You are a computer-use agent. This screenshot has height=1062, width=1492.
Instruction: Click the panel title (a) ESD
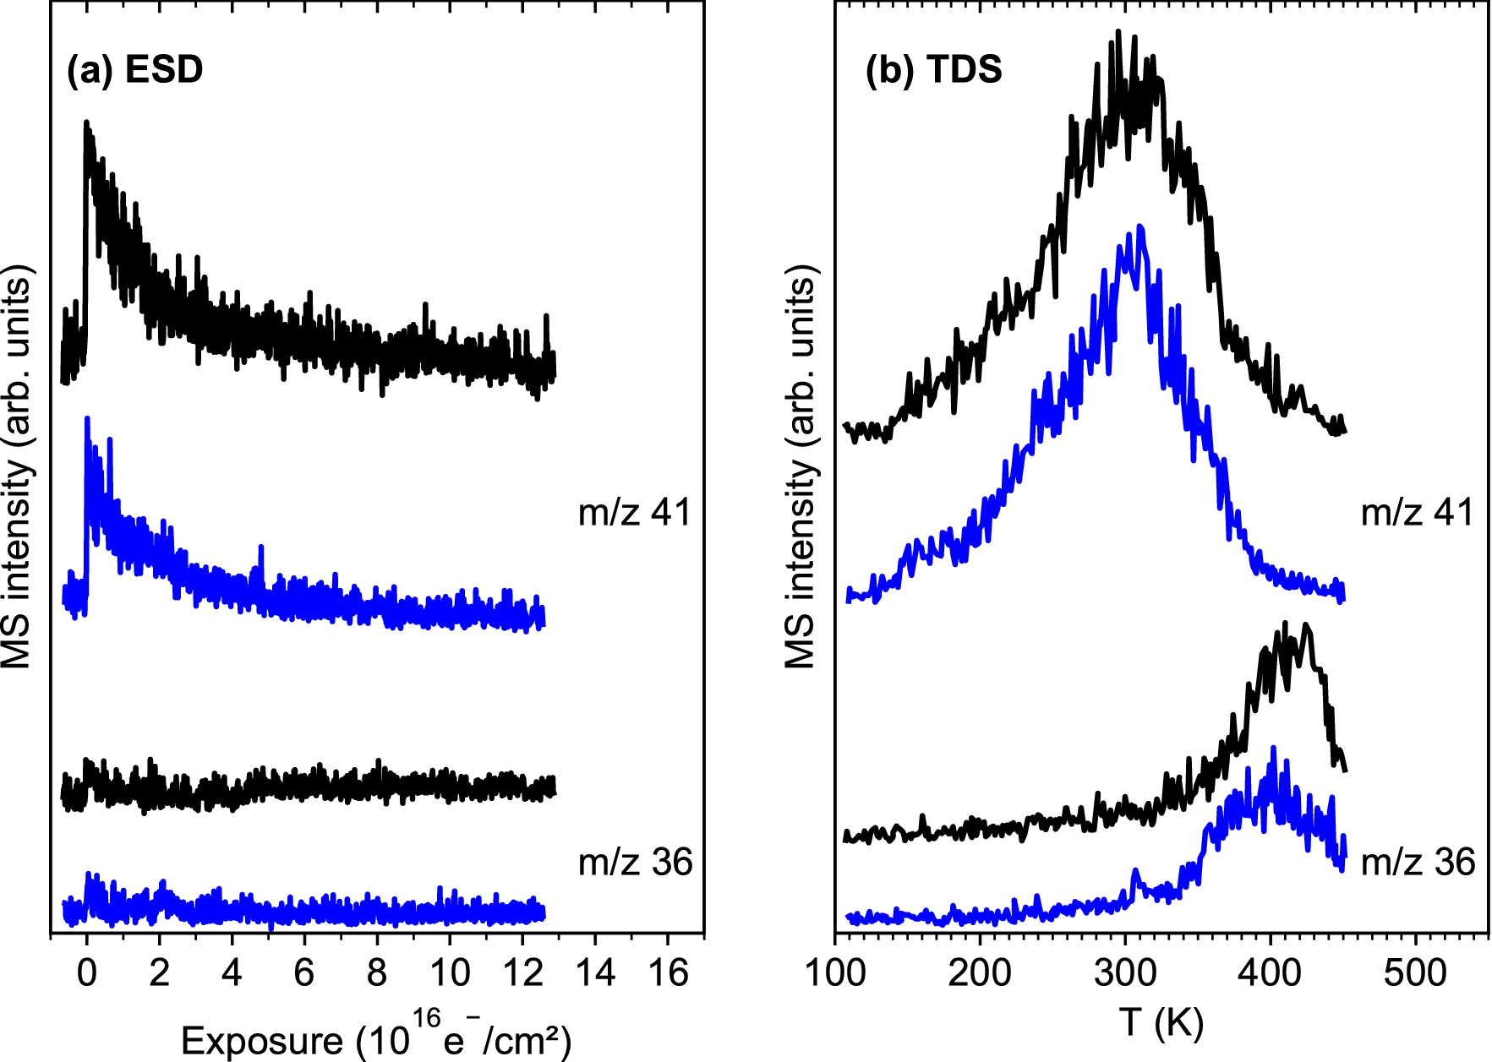(x=135, y=69)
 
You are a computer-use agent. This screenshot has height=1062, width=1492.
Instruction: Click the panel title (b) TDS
(x=933, y=69)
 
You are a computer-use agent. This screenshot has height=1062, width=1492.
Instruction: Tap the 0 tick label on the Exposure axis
(x=86, y=973)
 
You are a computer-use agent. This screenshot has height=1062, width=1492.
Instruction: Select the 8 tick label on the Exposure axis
(x=377, y=973)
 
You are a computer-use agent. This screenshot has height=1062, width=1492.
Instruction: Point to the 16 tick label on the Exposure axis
(x=668, y=973)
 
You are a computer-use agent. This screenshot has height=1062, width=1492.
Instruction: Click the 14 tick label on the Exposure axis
(x=595, y=973)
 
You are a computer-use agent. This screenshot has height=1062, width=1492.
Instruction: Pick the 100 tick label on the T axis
(x=835, y=973)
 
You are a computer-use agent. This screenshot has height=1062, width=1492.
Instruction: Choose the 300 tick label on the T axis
(x=1125, y=973)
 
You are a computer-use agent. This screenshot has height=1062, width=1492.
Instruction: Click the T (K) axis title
(x=1161, y=1024)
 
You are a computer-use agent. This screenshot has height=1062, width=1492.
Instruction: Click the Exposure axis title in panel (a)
(x=376, y=1037)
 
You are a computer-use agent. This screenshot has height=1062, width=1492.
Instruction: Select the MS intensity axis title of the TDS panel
(x=800, y=466)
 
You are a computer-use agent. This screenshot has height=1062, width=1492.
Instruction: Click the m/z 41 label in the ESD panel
(x=635, y=513)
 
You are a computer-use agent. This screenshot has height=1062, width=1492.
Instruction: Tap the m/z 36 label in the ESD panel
(x=635, y=863)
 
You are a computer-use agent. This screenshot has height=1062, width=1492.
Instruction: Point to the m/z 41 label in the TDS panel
(x=1418, y=513)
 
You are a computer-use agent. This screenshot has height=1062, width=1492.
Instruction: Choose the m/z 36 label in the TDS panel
(x=1418, y=863)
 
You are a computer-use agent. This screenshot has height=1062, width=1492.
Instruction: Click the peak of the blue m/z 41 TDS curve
(x=1140, y=226)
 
